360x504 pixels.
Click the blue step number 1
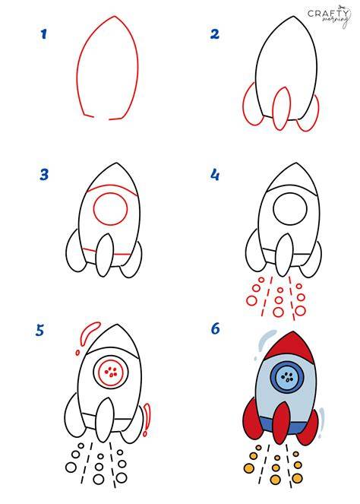click(44, 34)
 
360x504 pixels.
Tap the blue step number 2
click(214, 34)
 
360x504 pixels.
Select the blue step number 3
click(44, 175)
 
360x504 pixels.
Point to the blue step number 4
click(215, 175)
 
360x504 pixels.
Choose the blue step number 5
click(39, 331)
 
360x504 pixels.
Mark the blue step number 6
click(215, 329)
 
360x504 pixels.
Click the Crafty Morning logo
click(328, 16)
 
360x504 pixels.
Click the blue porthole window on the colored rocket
click(287, 376)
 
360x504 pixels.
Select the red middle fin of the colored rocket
click(282, 423)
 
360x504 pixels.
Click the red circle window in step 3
click(110, 209)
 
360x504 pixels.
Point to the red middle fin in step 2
click(281, 108)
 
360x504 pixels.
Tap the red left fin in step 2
click(251, 104)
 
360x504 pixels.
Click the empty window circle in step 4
click(290, 209)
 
